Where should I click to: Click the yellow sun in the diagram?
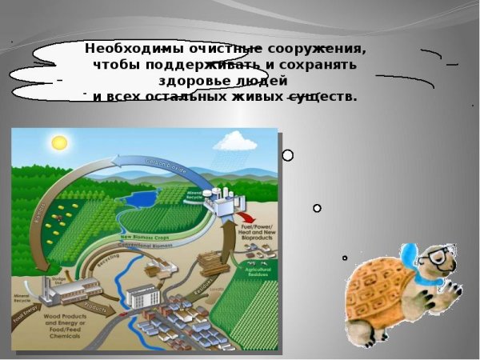[x=58, y=142]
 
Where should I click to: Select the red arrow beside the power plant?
[x=247, y=218]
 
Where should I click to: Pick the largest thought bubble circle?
[x=288, y=155]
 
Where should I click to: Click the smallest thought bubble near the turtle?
[x=345, y=258]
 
